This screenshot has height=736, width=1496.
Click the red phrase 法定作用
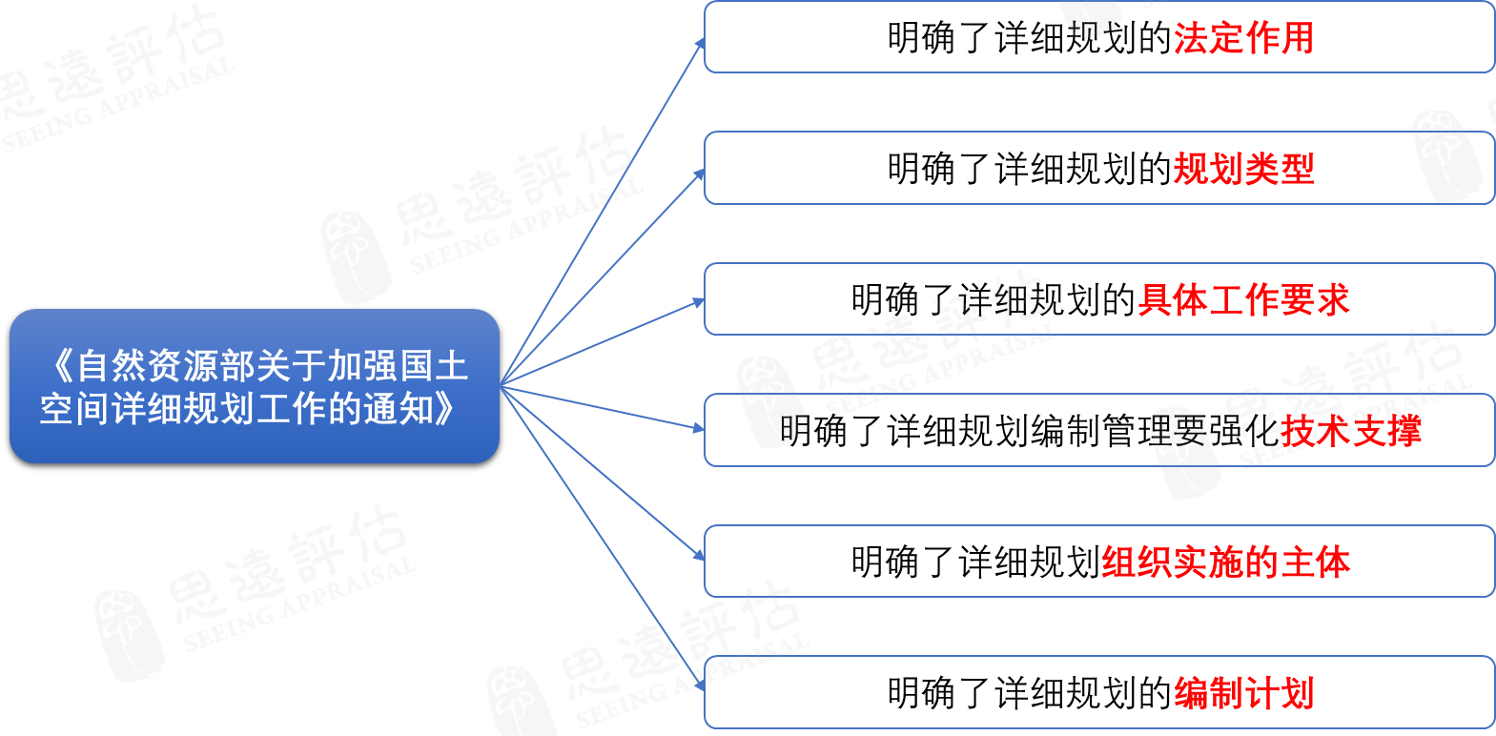pyautogui.click(x=1243, y=37)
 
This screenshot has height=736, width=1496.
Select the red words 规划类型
pyautogui.click(x=1243, y=169)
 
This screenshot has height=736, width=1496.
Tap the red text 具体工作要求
pyautogui.click(x=1243, y=299)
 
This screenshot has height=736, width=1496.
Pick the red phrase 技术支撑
pyautogui.click(x=1350, y=431)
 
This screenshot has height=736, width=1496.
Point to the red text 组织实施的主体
pyautogui.click(x=1225, y=562)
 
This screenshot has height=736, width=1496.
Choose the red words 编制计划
pyautogui.click(x=1243, y=692)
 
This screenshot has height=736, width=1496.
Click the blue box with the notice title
pyautogui.click(x=255, y=386)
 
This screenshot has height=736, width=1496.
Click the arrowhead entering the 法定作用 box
pyautogui.click(x=700, y=44)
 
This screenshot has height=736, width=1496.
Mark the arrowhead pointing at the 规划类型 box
pyautogui.click(x=699, y=174)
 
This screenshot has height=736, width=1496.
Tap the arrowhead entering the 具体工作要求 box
pyautogui.click(x=699, y=302)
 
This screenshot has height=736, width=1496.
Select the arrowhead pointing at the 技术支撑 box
pyautogui.click(x=699, y=428)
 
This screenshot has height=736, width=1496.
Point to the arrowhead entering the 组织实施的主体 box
pyautogui.click(x=699, y=555)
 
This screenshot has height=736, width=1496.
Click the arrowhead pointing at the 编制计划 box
pyautogui.click(x=700, y=685)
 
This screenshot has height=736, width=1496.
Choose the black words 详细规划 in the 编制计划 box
pyautogui.click(x=1066, y=692)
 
